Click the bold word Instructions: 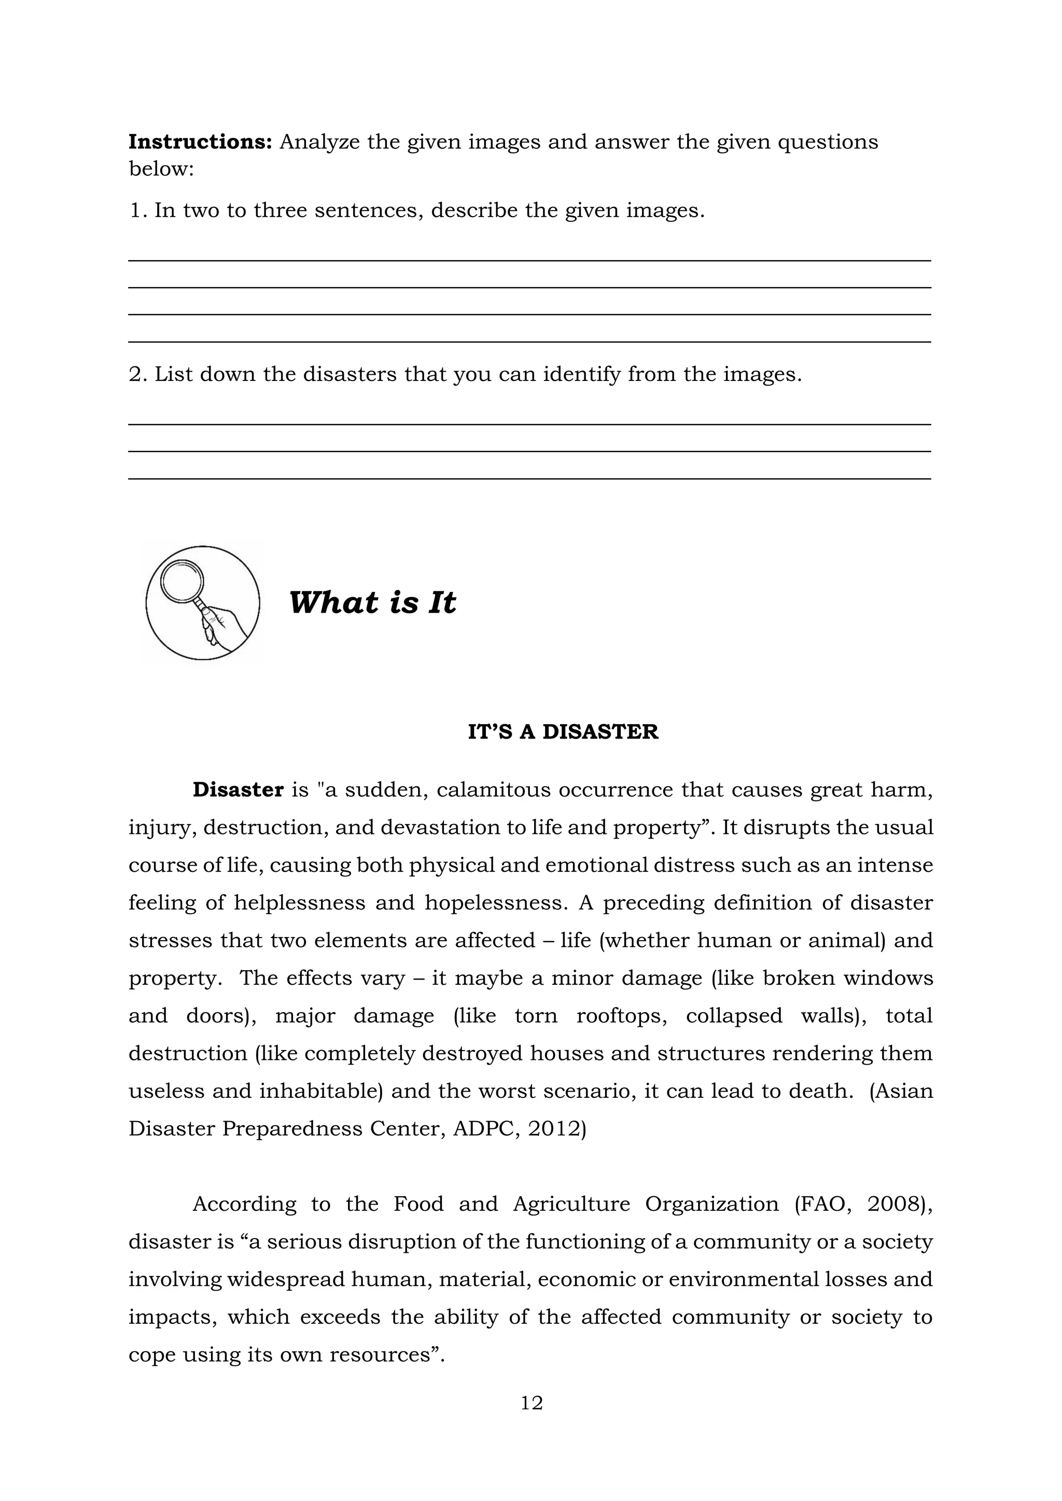tap(200, 142)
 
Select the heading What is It tap(372, 602)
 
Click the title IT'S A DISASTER tap(563, 731)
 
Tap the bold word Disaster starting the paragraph tap(238, 790)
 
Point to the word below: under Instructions tap(161, 168)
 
